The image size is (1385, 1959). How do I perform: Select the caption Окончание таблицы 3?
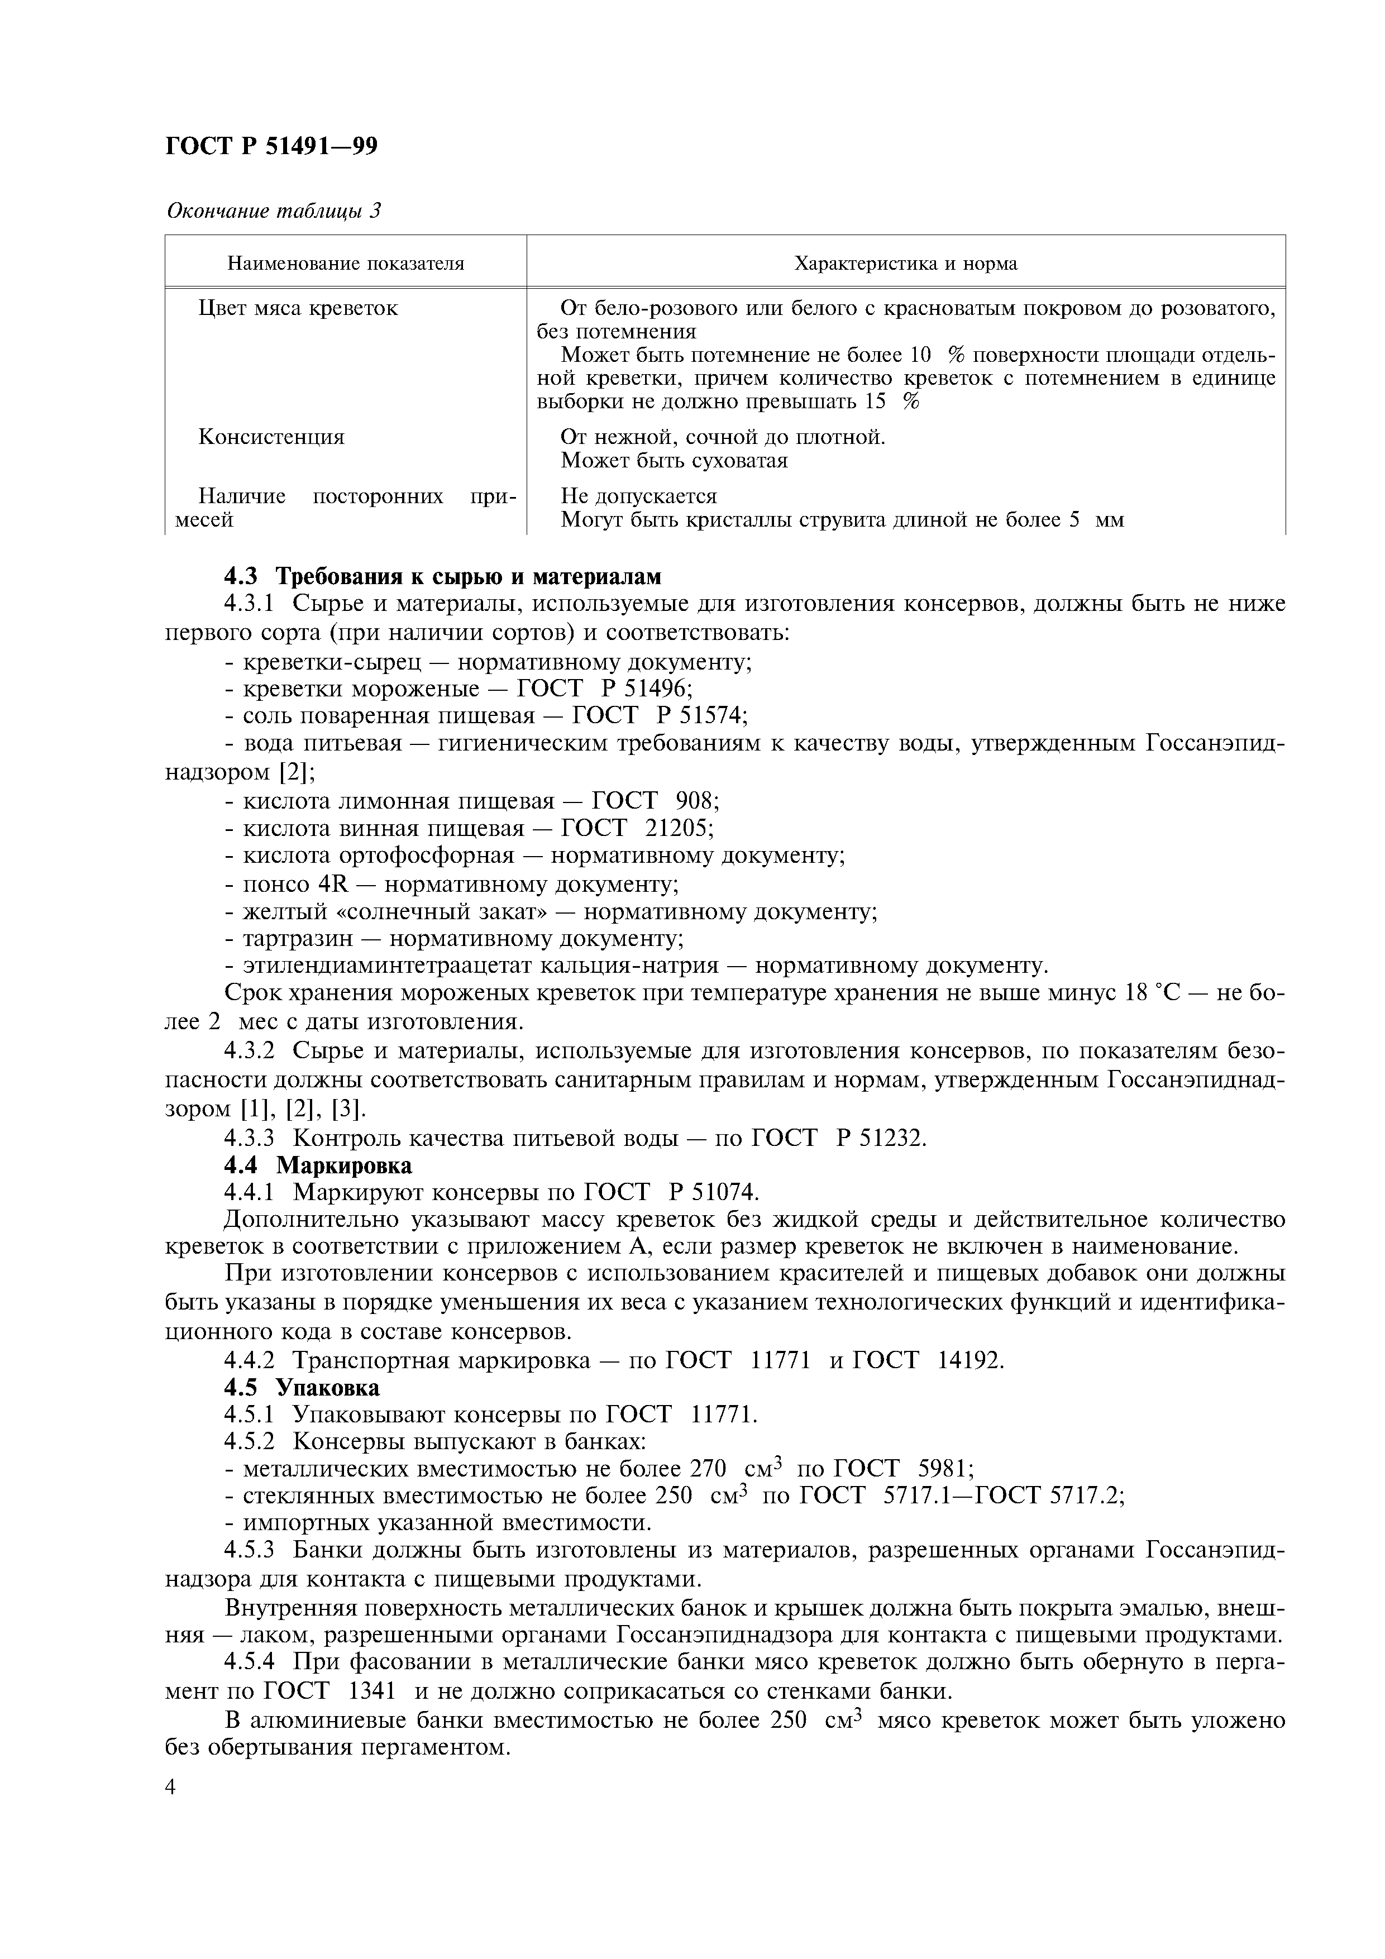click(x=273, y=211)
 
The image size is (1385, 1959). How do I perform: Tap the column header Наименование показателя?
click(x=346, y=264)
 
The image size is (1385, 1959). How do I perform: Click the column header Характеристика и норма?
click(x=905, y=264)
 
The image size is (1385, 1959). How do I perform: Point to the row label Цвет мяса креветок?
click(x=298, y=308)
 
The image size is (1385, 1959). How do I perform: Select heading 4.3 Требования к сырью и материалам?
click(x=443, y=577)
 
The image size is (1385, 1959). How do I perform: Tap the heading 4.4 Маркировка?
click(x=318, y=1165)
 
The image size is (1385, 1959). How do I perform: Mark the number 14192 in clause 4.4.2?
click(x=966, y=1359)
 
